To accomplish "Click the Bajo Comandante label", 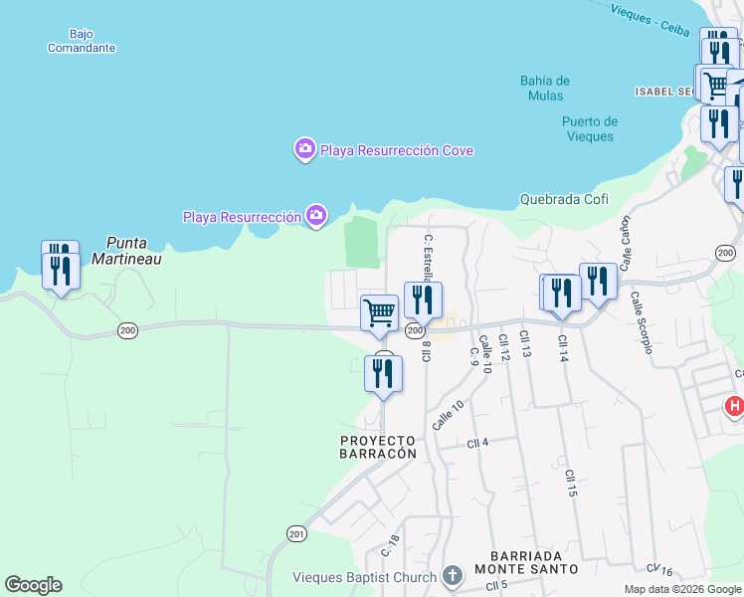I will click(x=81, y=41).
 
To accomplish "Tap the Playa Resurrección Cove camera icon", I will click(x=304, y=150).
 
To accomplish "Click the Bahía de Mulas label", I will click(x=544, y=88).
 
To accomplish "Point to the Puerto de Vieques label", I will click(x=589, y=129).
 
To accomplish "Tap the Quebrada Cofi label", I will click(x=564, y=199).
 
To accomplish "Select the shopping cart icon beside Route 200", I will click(x=379, y=312).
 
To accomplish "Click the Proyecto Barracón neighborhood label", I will click(x=377, y=446).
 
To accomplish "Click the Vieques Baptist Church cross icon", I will click(x=453, y=576).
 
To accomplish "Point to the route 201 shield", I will click(x=296, y=534).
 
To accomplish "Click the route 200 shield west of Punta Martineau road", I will click(x=126, y=329).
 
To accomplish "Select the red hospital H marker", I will click(x=735, y=406).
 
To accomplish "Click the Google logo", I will click(x=33, y=585).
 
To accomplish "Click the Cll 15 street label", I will click(x=571, y=484).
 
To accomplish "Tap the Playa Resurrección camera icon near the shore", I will click(x=316, y=216).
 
